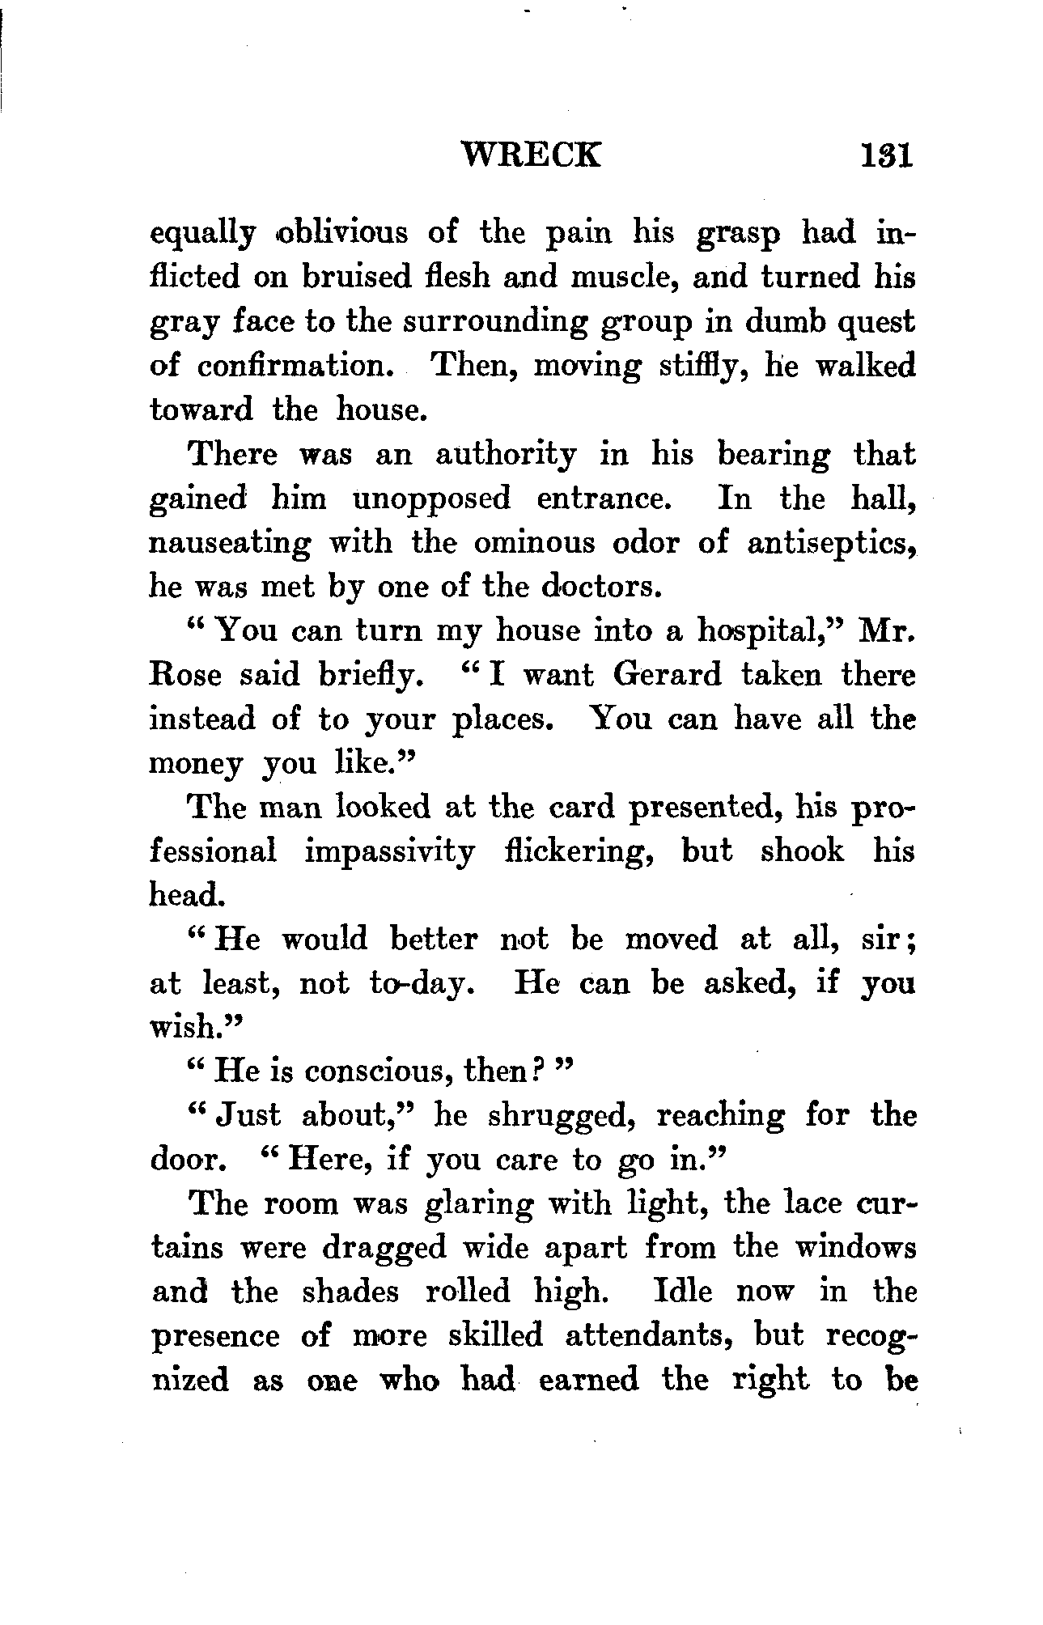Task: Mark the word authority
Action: tap(506, 455)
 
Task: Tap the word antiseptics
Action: tap(832, 544)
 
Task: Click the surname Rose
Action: tap(185, 675)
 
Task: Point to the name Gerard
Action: tap(666, 675)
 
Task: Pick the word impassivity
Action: tap(390, 852)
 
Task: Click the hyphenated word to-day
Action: tap(420, 984)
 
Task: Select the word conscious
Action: tap(377, 1071)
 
